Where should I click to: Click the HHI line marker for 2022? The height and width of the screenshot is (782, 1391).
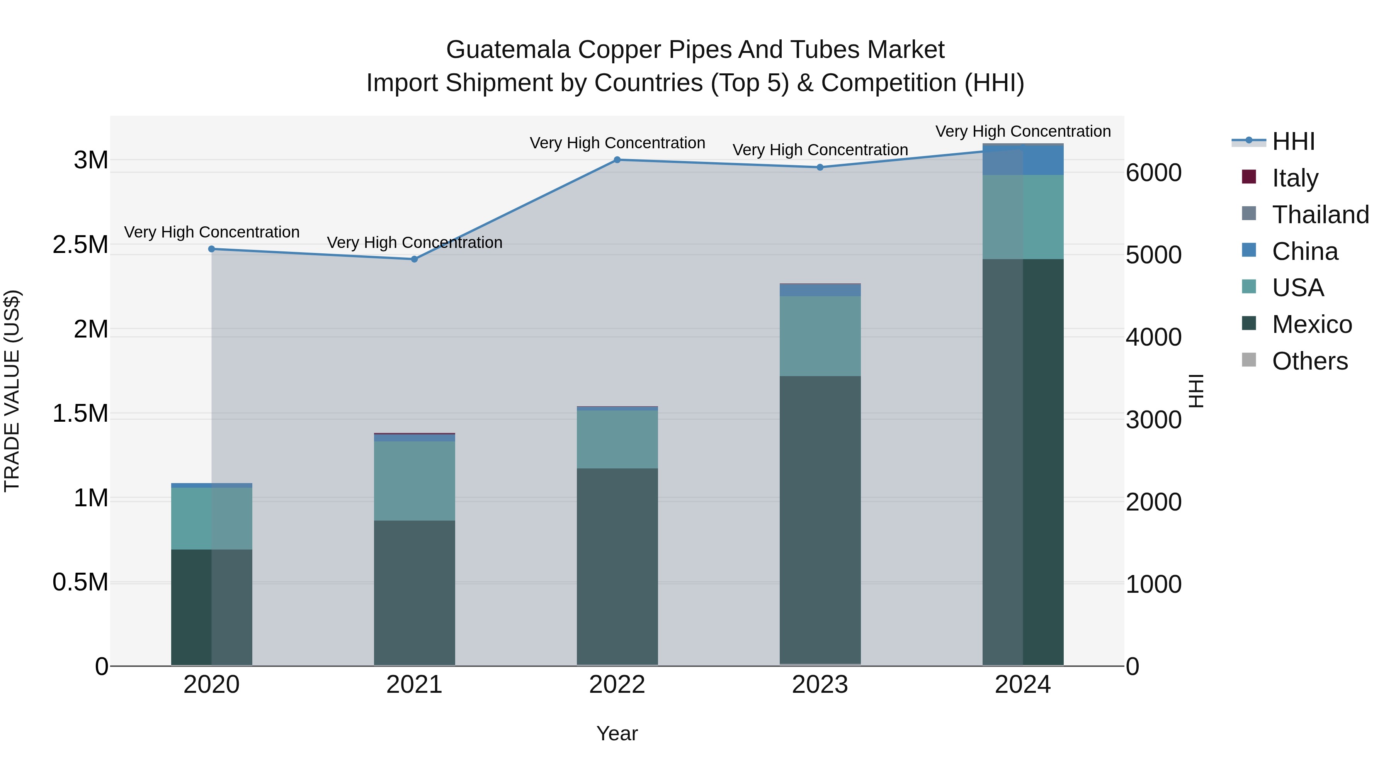(617, 160)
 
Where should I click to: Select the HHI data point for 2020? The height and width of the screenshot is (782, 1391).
(212, 249)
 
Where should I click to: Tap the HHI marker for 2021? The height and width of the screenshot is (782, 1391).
(414, 259)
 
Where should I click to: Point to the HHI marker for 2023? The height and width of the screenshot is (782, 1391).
(820, 167)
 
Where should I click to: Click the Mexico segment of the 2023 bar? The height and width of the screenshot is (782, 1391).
(820, 518)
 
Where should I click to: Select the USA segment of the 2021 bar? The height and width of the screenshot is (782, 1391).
(414, 481)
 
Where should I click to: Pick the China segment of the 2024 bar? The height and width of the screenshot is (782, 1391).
(1023, 160)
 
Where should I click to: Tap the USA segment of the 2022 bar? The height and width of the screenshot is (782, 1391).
(617, 439)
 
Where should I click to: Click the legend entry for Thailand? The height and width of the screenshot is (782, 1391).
(1320, 215)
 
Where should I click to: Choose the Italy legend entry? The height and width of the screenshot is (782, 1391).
(1295, 178)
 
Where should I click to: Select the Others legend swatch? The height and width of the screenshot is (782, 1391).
(1249, 360)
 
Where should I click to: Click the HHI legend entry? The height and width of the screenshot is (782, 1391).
(1293, 141)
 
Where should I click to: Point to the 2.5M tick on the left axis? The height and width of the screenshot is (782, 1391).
(80, 245)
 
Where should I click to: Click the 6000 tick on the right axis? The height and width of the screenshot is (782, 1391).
(1154, 173)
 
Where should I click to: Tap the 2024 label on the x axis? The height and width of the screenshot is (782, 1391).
(1023, 685)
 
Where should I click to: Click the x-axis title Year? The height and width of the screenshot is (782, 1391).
(617, 733)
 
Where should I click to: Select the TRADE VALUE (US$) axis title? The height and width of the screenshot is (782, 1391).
(12, 391)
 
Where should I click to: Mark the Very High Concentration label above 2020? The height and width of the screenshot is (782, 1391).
(212, 232)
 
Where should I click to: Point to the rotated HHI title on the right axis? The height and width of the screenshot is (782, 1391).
(1196, 391)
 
